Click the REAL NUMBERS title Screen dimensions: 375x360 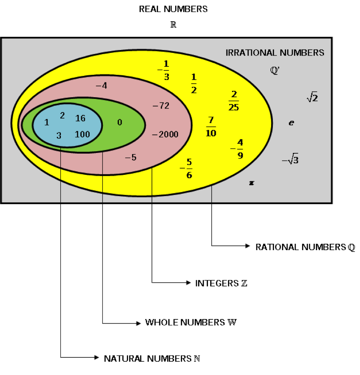pos(173,9)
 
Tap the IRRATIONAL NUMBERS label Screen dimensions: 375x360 pos(275,53)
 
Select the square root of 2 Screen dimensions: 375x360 pos(312,97)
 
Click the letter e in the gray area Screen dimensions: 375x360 pos(291,123)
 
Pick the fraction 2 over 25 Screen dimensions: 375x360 pos(234,101)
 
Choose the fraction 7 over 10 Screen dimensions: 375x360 pos(211,126)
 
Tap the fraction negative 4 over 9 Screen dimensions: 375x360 pos(238,149)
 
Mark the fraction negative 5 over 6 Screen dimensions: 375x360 pos(187,168)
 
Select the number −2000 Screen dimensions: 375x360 pos(165,134)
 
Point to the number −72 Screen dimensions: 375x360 pos(161,106)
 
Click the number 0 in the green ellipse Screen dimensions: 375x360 pos(120,122)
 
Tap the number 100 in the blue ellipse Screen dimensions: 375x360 pos(82,134)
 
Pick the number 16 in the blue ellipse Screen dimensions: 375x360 pos(80,118)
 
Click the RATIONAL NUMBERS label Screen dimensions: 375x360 pos(305,247)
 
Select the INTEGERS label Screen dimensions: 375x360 pos(221,283)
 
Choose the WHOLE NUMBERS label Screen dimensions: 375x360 pos(191,322)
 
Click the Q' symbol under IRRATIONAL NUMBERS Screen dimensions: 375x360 pos(275,71)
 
